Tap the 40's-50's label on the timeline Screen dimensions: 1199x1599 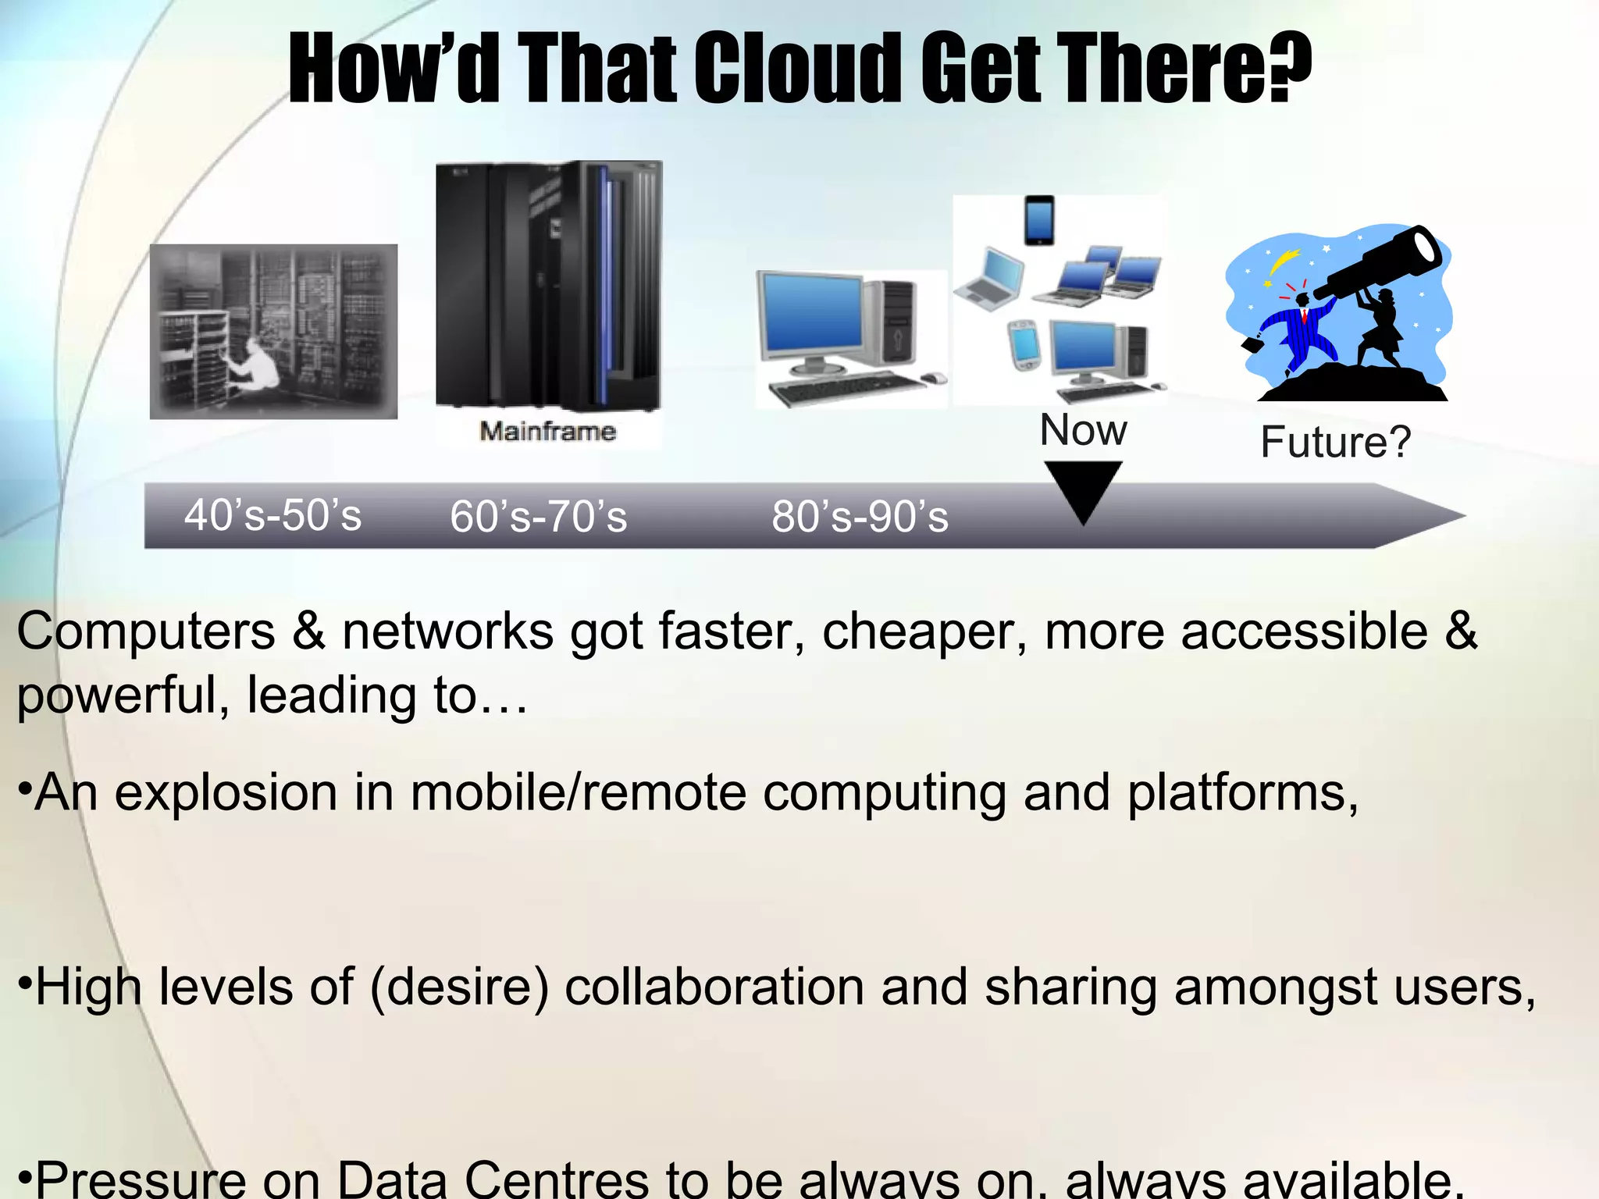[x=272, y=515]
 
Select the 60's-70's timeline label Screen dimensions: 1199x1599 [x=538, y=517]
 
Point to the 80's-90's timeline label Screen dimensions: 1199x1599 [x=860, y=517]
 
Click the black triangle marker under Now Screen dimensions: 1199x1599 [x=1083, y=488]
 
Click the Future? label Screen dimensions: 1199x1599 [x=1335, y=442]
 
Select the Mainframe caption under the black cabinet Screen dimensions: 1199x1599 [x=547, y=431]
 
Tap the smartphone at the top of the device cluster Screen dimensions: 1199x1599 [x=1039, y=220]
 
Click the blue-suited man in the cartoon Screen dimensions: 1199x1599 [x=1296, y=328]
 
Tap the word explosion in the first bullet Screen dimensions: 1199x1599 [x=226, y=793]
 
